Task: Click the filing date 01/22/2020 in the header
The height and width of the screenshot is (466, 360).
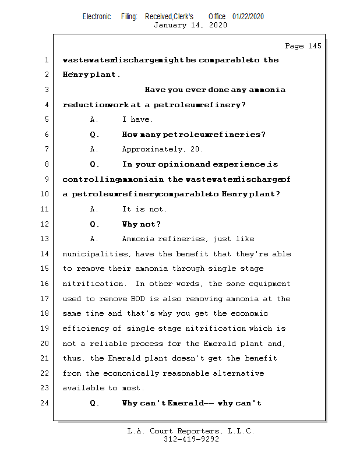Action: pos(248,16)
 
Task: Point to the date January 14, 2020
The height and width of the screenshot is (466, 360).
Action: pos(190,25)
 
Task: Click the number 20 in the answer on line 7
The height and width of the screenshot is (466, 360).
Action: pos(196,149)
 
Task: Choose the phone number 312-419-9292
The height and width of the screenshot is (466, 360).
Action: pos(191,439)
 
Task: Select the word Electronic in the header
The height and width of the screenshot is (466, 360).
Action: pos(97,16)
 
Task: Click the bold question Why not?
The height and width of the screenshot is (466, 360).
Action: pos(142,224)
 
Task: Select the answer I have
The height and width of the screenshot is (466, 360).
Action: pos(138,119)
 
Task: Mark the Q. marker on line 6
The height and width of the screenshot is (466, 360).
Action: pos(95,135)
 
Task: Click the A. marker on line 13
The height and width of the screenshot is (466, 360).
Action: pos(95,239)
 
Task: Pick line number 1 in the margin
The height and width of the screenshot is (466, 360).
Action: pos(47,60)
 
